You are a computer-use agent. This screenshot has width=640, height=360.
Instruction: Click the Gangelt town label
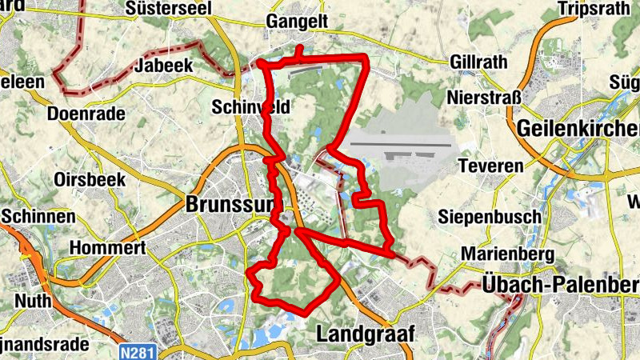[298, 22]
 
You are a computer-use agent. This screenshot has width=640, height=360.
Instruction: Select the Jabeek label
[165, 66]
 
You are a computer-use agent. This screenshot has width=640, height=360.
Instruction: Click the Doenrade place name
[86, 114]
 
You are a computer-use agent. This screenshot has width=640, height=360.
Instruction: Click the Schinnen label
[38, 217]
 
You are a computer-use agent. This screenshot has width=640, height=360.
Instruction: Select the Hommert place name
[108, 249]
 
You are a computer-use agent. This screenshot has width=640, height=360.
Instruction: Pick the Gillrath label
[478, 62]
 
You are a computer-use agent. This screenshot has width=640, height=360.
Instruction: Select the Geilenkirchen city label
[578, 128]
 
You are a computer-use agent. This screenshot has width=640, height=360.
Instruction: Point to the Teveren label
[491, 166]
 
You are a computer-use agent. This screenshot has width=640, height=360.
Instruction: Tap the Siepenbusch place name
[490, 217]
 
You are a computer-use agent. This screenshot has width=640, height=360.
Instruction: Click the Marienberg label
[508, 254]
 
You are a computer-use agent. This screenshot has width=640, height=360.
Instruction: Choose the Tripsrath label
[596, 10]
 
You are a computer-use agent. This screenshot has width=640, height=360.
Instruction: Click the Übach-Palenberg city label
[561, 284]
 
